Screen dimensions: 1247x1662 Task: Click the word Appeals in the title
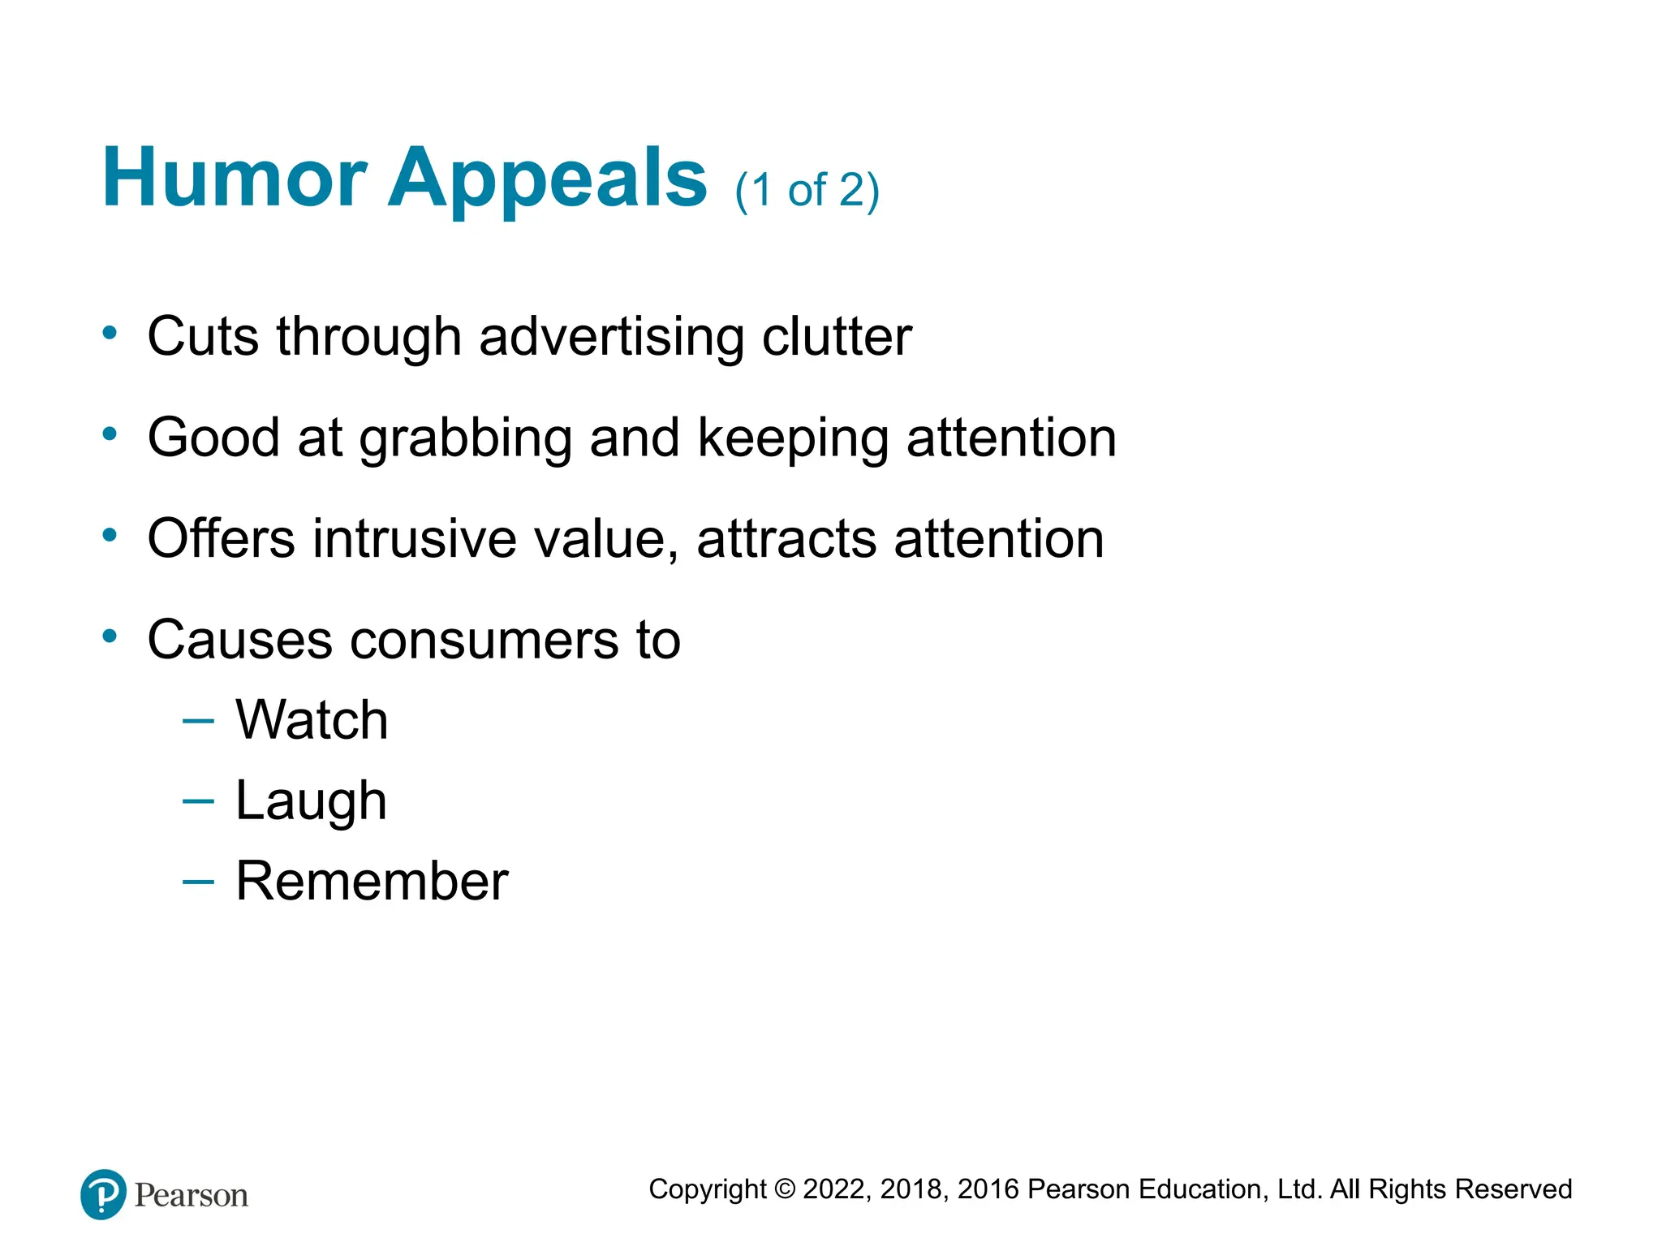pyautogui.click(x=547, y=180)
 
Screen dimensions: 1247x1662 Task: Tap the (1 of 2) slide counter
pyautogui.click(x=807, y=192)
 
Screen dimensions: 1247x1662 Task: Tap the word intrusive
pyautogui.click(x=414, y=539)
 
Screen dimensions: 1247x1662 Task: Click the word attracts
pyautogui.click(x=786, y=539)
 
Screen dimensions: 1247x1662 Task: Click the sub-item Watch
pyautogui.click(x=312, y=720)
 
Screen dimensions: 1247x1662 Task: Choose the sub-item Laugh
pyautogui.click(x=311, y=802)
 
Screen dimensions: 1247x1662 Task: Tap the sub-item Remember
pyautogui.click(x=372, y=881)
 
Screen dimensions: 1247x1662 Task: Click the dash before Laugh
pyautogui.click(x=198, y=800)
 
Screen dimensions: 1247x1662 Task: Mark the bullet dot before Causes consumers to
pyautogui.click(x=110, y=636)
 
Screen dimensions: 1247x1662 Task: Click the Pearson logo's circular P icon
pyautogui.click(x=103, y=1194)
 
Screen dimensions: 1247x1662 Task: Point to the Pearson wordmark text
pyautogui.click(x=192, y=1196)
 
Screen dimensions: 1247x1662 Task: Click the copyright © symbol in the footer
pyautogui.click(x=785, y=1189)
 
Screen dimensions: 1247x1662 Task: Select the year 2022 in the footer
pyautogui.click(x=836, y=1189)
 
